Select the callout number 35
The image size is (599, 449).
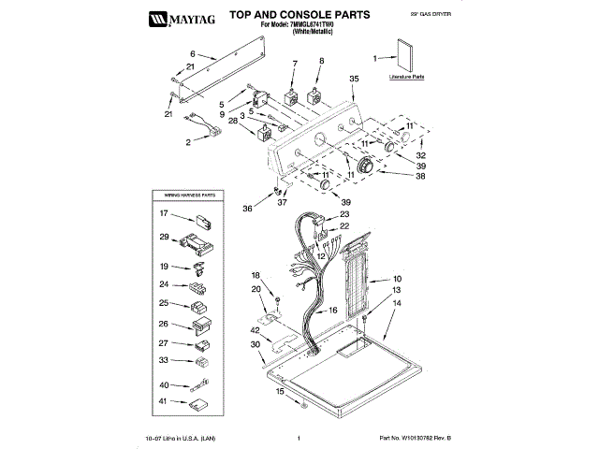pos(354,80)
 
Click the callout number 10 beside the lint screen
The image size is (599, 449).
pos(396,280)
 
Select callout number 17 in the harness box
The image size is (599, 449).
pos(163,214)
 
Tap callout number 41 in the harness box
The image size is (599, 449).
pos(163,401)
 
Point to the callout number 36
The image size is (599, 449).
pos(247,208)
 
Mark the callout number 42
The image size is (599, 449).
pos(254,330)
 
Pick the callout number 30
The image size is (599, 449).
pos(254,345)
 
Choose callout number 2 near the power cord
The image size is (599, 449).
pos(189,142)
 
